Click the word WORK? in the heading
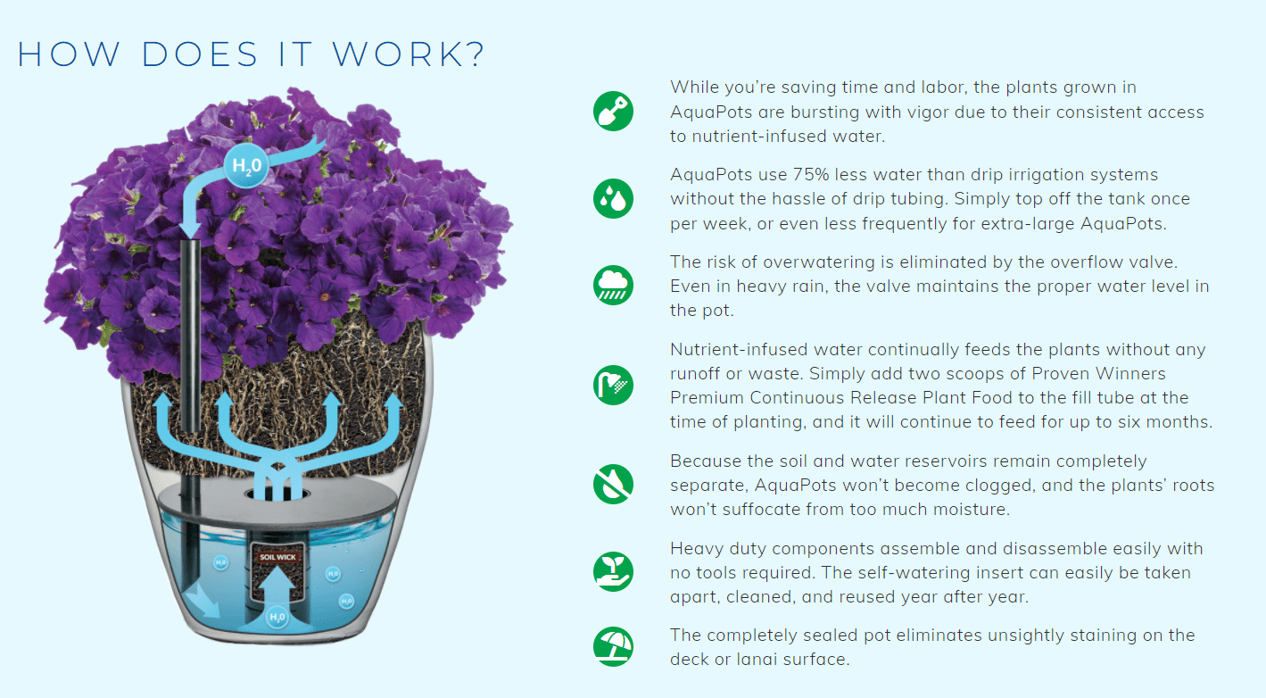pyautogui.click(x=408, y=54)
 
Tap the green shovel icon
pyautogui.click(x=613, y=111)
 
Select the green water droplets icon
pyautogui.click(x=613, y=198)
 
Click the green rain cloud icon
pyautogui.click(x=613, y=285)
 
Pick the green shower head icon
pyautogui.click(x=613, y=386)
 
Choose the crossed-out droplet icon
pyautogui.click(x=613, y=484)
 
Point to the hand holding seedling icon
pyautogui.click(x=613, y=572)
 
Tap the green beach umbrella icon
pyautogui.click(x=613, y=646)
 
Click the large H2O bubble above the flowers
pyautogui.click(x=246, y=166)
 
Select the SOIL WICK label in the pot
pyautogui.click(x=277, y=557)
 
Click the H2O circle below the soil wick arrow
pyautogui.click(x=277, y=617)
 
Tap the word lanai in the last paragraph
pyautogui.click(x=757, y=660)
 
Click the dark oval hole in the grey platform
pyautogui.click(x=277, y=494)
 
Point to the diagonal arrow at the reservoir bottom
pyautogui.click(x=203, y=602)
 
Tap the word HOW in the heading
pyautogui.click(x=69, y=54)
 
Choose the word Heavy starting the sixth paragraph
pyautogui.click(x=696, y=549)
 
